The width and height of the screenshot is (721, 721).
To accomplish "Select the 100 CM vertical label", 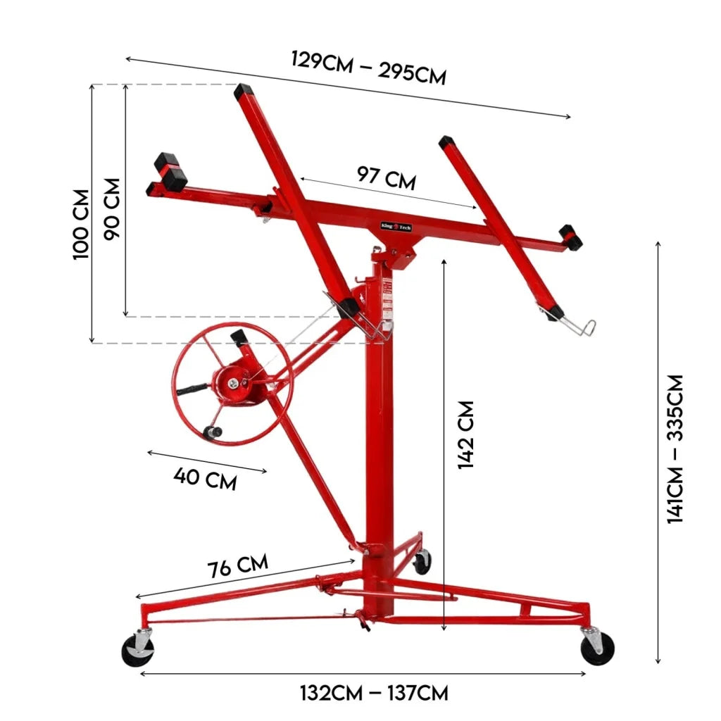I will [x=82, y=224].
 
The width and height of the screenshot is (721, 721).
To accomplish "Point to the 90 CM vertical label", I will [x=112, y=208].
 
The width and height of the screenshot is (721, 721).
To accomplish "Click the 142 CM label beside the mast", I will [x=466, y=434].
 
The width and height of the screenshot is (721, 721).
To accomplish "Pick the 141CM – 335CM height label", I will [x=675, y=449].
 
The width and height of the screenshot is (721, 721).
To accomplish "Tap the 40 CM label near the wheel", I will [x=205, y=479].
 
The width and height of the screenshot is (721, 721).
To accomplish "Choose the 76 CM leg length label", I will [x=237, y=565].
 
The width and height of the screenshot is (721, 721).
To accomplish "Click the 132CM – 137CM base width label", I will [x=374, y=693].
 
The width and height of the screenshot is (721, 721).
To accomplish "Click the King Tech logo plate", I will [x=395, y=227].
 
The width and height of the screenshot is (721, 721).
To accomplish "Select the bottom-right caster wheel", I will [x=597, y=647].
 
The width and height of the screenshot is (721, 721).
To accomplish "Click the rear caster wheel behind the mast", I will [x=422, y=562].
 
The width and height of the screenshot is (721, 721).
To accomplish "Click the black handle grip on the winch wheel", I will [x=192, y=389].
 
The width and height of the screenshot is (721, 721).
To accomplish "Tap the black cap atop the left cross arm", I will [x=243, y=90].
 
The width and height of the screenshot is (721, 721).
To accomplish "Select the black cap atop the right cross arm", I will [x=446, y=143].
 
